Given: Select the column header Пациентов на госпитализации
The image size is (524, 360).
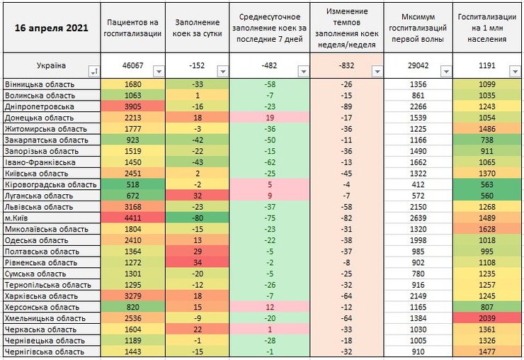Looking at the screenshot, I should click(132, 28).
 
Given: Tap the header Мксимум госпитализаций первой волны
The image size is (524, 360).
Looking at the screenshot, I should click(418, 28).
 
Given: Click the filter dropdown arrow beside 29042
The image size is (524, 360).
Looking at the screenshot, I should click(445, 71).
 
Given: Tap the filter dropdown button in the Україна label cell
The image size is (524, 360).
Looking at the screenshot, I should click(93, 71).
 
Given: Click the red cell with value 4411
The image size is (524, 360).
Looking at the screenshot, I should click(132, 218).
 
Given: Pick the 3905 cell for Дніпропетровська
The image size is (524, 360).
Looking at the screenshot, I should click(132, 106).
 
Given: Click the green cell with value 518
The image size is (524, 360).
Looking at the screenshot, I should click(132, 184).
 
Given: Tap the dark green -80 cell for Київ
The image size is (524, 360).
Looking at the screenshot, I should click(198, 218).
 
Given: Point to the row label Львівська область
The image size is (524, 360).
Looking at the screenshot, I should click(39, 207).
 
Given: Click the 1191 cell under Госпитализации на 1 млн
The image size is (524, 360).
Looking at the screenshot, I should click(488, 66).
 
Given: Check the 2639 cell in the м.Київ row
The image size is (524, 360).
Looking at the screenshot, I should click(418, 218).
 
